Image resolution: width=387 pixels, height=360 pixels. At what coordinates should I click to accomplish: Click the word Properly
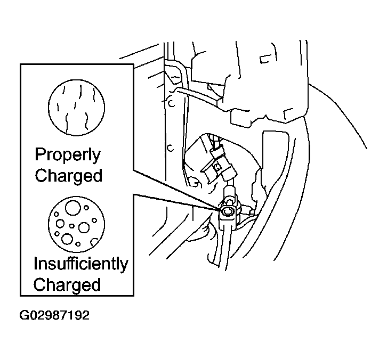[68, 156]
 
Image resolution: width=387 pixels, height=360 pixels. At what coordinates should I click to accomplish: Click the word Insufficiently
[80, 264]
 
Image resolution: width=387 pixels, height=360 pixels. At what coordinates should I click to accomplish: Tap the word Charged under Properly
[68, 176]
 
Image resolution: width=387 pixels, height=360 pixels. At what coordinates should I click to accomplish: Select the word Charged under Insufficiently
[67, 284]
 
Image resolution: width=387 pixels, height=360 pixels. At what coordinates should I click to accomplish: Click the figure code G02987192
[54, 315]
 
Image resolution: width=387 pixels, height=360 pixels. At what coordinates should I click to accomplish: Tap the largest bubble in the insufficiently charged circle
[73, 208]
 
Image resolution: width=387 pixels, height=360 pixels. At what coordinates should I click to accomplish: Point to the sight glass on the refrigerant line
[227, 211]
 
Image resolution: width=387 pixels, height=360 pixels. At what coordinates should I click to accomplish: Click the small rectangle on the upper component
[264, 60]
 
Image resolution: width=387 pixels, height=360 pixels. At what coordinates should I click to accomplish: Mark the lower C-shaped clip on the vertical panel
[170, 149]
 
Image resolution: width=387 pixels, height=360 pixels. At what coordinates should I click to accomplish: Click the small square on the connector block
[217, 167]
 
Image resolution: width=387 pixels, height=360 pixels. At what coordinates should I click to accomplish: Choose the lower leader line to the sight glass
[177, 202]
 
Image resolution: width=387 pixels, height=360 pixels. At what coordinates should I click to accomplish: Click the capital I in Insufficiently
[35, 263]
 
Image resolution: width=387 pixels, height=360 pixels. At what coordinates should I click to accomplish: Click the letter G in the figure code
[24, 315]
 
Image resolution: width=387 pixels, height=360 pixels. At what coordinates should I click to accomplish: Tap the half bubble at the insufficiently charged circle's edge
[94, 242]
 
